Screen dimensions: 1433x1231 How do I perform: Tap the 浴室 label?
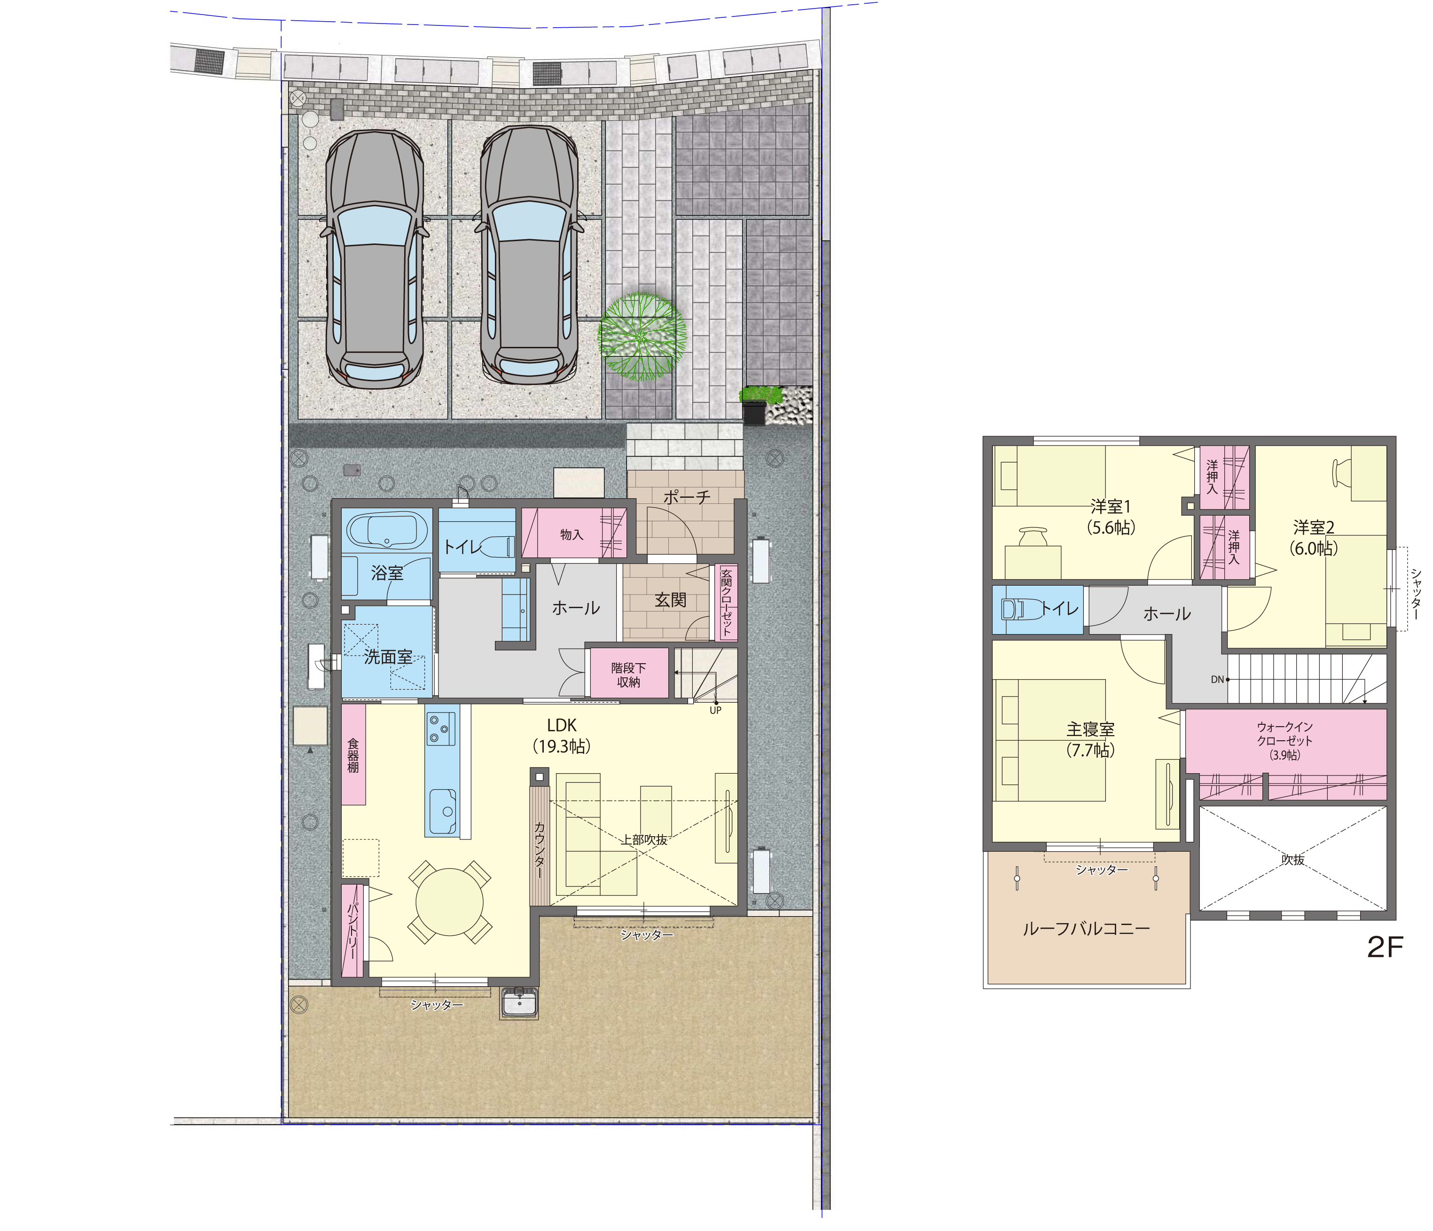coord(387,572)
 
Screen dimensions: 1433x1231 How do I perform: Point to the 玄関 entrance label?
coord(670,600)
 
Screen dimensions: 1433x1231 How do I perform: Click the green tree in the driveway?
coord(642,337)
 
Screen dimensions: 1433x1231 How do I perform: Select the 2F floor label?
coord(1385,948)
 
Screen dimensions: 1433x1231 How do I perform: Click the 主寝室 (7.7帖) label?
coord(1091,740)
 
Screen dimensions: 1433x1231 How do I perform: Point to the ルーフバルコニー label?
coord(1086,928)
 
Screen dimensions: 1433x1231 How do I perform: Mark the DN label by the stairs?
coord(1217,680)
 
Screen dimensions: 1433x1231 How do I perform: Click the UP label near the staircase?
coord(715,710)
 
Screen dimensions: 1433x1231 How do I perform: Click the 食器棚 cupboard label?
coord(352,755)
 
